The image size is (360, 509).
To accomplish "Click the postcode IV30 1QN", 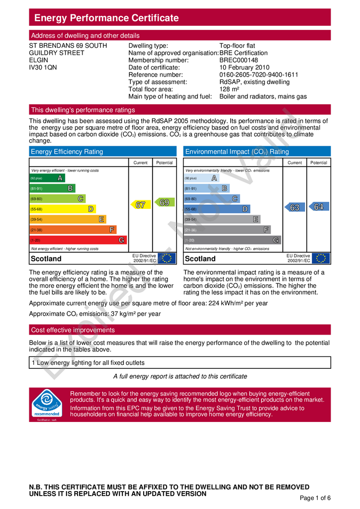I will pos(43,68).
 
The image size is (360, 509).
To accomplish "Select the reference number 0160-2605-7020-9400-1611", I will pos(259,75).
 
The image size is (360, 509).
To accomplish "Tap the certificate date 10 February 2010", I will pos(244,68).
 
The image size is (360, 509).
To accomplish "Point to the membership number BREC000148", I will pos(239,60).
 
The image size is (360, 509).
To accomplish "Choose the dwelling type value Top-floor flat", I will pos(239,46).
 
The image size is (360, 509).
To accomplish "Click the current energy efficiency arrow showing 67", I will pos(140,204).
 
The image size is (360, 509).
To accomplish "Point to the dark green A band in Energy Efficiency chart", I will pos(47,178).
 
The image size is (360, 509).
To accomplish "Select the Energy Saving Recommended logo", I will pos(47,404).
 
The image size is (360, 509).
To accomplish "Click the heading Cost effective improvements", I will pos(73,330).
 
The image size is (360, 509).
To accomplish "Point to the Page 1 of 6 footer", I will pos(315,498).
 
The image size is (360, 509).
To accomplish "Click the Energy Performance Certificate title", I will pos(106,18).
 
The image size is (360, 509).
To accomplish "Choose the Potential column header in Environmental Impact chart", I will pos(319,163).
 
